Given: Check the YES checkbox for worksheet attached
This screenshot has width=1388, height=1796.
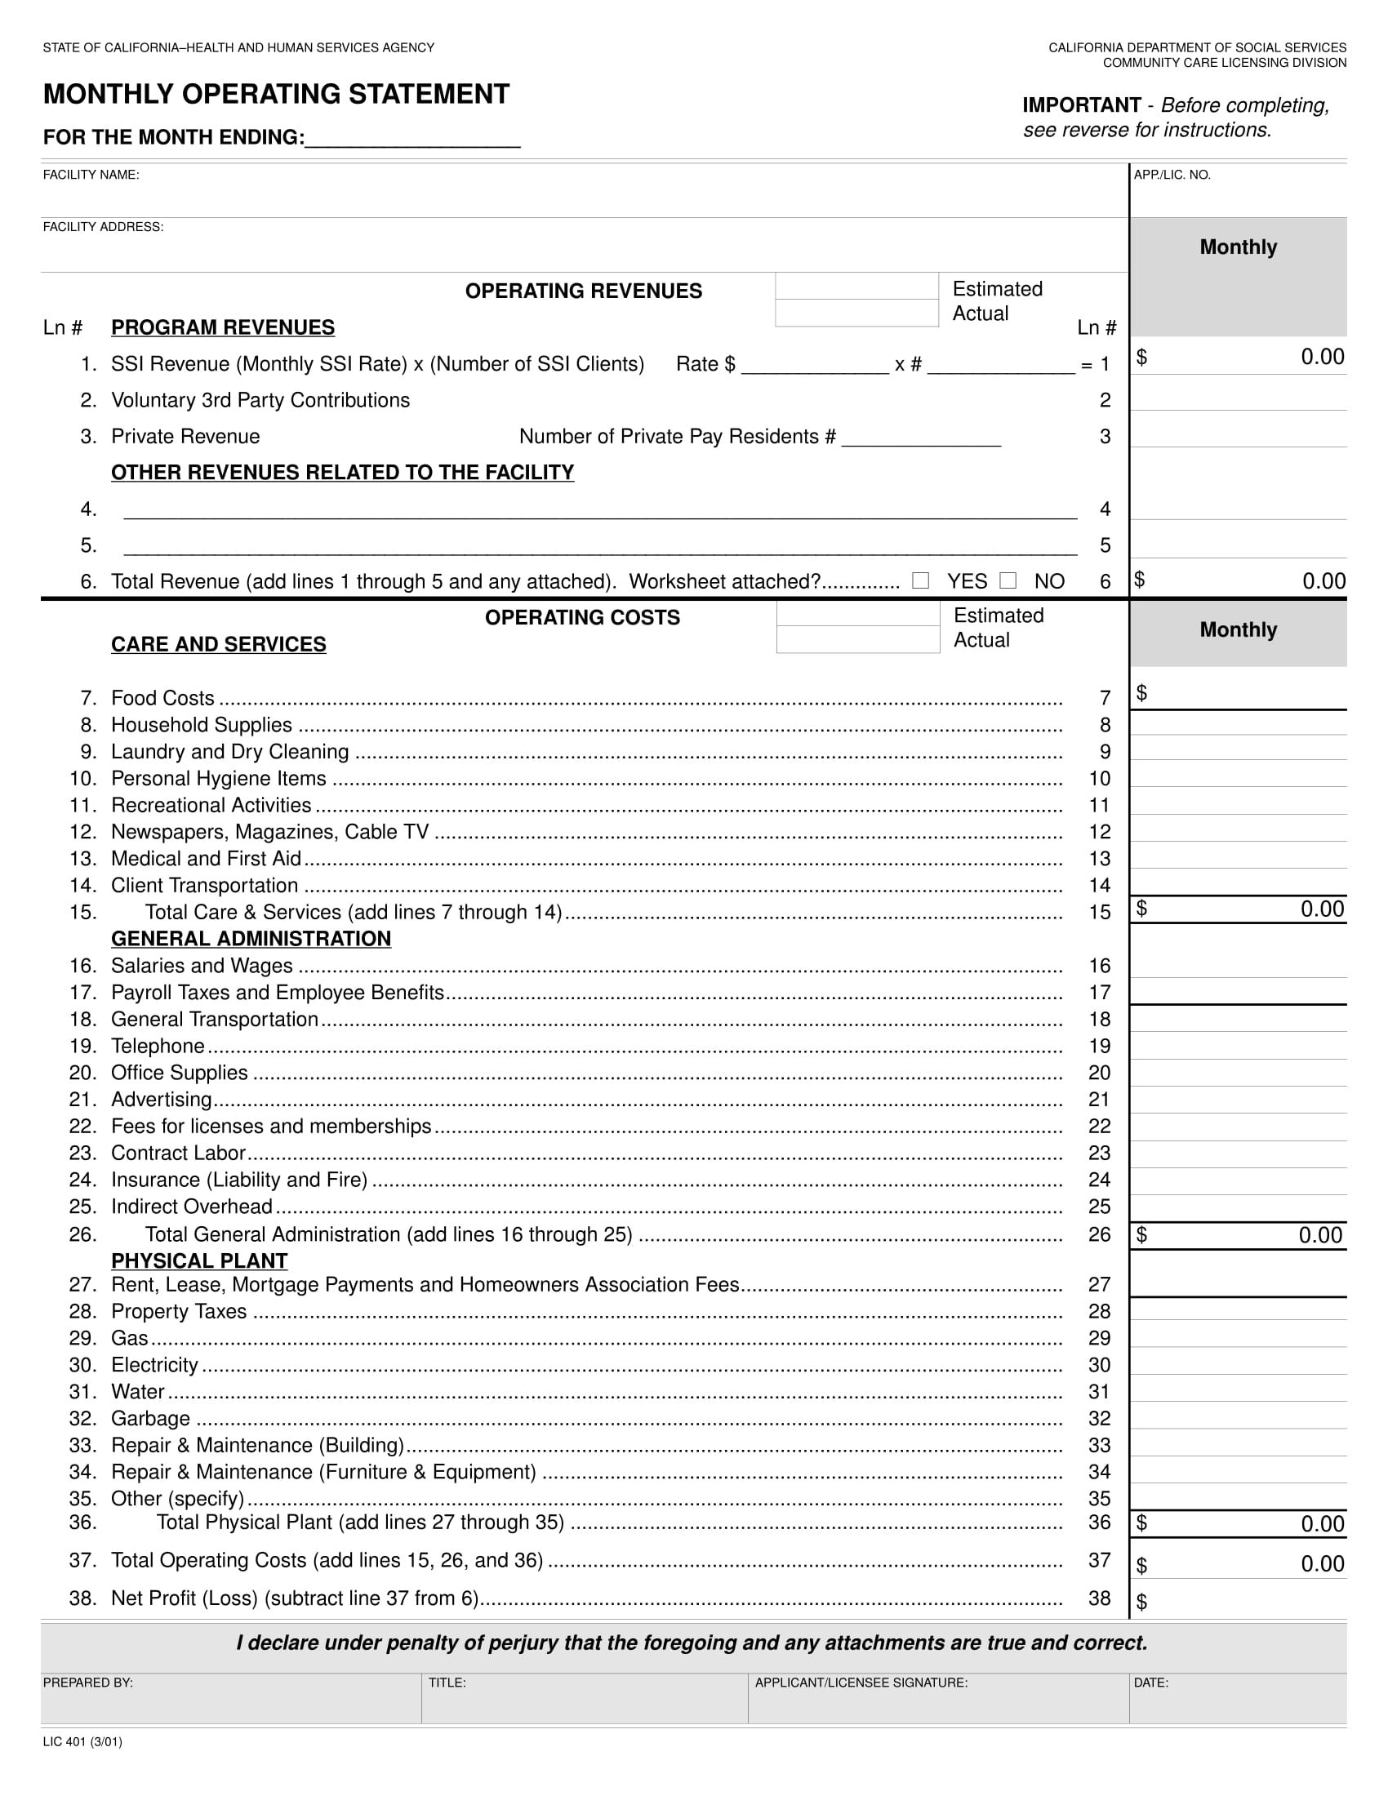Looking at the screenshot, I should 921,580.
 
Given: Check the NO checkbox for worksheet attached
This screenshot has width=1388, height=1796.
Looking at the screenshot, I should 1008,580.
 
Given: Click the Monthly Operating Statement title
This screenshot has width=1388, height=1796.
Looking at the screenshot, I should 276,95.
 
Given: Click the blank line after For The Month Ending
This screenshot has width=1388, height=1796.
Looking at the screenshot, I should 412,138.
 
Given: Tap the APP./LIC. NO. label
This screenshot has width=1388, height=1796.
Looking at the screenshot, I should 1172,176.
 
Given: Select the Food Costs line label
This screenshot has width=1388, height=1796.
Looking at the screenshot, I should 162,698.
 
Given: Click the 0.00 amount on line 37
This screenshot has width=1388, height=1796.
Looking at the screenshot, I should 1322,1563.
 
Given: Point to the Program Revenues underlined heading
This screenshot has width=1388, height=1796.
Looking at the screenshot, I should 223,327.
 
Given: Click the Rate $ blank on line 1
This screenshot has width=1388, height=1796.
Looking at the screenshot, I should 814,365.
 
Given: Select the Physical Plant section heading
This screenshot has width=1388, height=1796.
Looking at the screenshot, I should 199,1260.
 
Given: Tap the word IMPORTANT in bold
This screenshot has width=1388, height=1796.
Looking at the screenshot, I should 1081,105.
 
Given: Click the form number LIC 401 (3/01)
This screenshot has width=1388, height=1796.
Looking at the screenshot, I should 82,1742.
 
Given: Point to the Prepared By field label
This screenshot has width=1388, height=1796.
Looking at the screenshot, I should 88,1683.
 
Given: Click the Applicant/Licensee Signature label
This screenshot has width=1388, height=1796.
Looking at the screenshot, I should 861,1683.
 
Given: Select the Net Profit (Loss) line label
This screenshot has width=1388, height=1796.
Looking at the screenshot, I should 295,1598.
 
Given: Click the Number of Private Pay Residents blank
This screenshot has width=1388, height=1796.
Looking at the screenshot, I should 921,438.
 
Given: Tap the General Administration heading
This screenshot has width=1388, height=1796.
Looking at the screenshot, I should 251,938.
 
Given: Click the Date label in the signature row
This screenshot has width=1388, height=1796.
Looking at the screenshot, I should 1150,1683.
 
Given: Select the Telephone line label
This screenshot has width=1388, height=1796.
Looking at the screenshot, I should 158,1046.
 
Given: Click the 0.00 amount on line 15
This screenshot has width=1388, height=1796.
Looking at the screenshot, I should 1322,909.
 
